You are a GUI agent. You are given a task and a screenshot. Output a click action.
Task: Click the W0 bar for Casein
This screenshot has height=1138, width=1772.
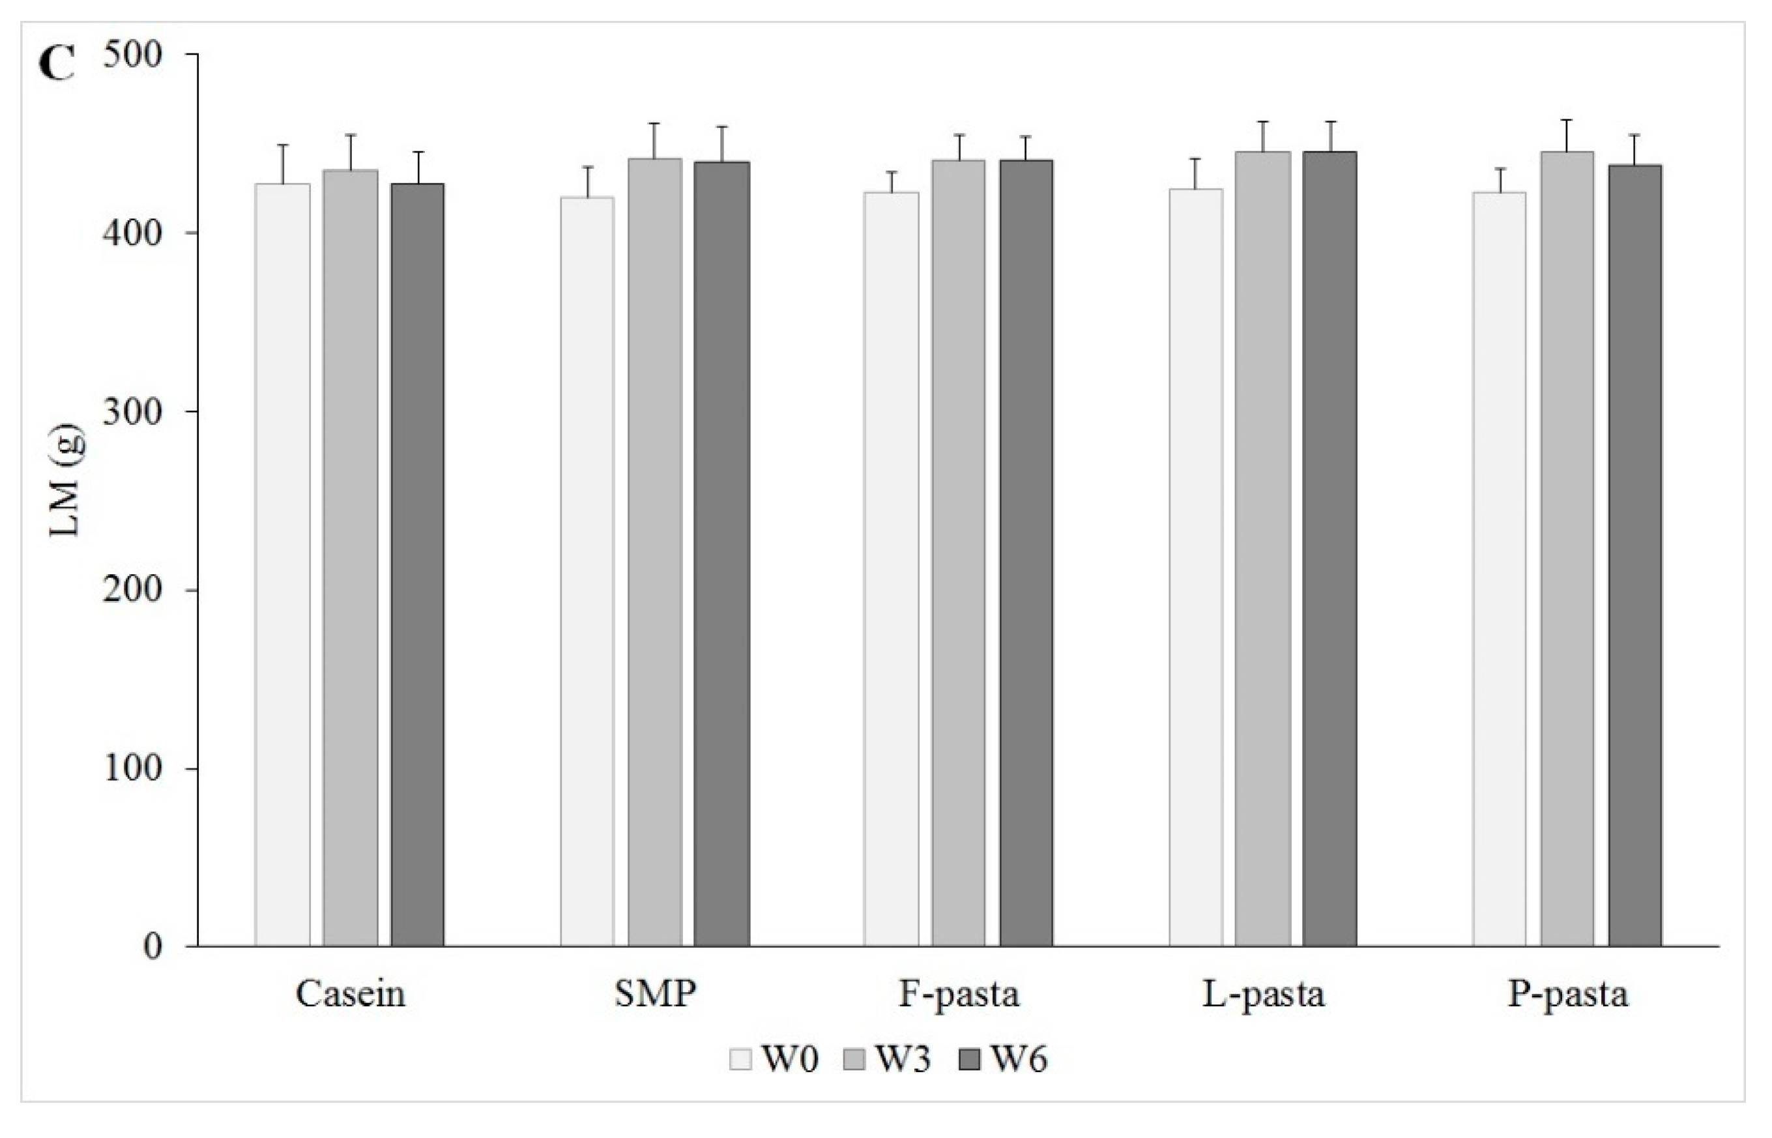(x=282, y=564)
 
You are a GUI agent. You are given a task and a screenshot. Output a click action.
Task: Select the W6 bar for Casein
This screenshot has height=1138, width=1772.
(x=418, y=564)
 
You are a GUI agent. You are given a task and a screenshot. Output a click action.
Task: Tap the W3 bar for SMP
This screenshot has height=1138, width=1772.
(x=655, y=552)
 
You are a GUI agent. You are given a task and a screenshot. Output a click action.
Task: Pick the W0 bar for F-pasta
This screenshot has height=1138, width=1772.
(x=891, y=569)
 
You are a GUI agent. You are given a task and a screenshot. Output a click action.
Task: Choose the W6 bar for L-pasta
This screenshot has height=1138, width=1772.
(x=1329, y=548)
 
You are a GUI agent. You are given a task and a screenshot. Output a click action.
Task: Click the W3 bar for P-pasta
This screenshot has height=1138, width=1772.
(x=1567, y=548)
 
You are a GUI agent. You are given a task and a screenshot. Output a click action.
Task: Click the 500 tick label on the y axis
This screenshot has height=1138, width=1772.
(x=132, y=55)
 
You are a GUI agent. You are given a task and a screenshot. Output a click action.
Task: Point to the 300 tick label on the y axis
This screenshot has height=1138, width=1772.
(x=132, y=412)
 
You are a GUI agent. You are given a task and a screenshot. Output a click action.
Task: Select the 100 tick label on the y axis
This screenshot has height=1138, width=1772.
(x=132, y=768)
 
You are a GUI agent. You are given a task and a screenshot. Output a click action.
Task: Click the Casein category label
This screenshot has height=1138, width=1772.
(x=350, y=995)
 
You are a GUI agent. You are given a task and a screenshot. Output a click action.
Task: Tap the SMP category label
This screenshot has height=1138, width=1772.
(x=655, y=995)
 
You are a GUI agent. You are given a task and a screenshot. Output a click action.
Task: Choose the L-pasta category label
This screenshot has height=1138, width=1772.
(x=1264, y=995)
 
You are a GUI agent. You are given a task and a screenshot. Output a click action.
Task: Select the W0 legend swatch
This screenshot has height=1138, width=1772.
(x=740, y=1060)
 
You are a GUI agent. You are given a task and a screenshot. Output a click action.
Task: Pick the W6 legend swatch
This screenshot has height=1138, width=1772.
(x=968, y=1060)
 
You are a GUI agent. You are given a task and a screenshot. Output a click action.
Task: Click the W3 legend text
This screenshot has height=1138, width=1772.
(x=903, y=1060)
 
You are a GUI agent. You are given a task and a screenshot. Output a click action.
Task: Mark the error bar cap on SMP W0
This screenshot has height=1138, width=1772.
(x=587, y=167)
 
